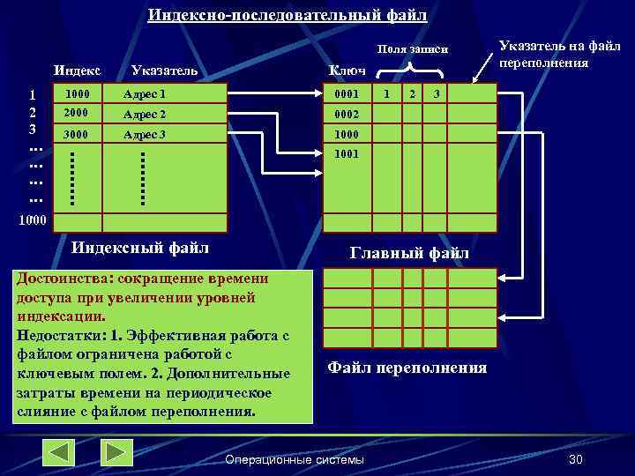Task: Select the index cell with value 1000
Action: click(78, 93)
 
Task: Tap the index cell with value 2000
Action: click(78, 114)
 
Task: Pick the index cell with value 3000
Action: click(78, 135)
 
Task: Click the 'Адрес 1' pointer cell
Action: click(145, 93)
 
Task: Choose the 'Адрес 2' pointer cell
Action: click(145, 114)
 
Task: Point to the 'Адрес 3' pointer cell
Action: click(145, 135)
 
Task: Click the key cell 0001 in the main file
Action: click(347, 93)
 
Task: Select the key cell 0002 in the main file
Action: click(347, 115)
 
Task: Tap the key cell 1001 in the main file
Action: click(347, 153)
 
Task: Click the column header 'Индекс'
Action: click(78, 70)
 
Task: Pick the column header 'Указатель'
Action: click(163, 71)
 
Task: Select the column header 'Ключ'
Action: click(347, 71)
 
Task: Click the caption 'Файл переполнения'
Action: click(407, 368)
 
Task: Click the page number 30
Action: click(577, 460)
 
